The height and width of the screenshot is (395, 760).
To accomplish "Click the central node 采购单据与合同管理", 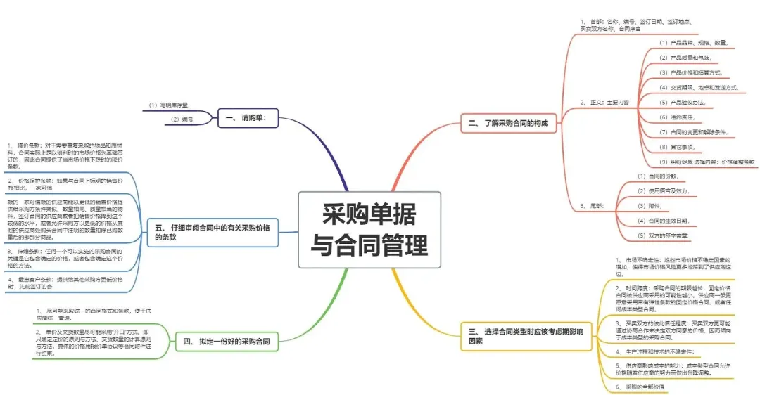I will tap(370, 230).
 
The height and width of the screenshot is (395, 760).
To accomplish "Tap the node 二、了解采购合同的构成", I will tap(508, 123).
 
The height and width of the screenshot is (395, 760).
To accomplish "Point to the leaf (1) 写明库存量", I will tap(169, 105).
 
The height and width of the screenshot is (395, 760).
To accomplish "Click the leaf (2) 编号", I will tap(182, 119).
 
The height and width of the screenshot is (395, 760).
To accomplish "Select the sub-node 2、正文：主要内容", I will tap(604, 103).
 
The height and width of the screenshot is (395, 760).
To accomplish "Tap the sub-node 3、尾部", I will tap(593, 205).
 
